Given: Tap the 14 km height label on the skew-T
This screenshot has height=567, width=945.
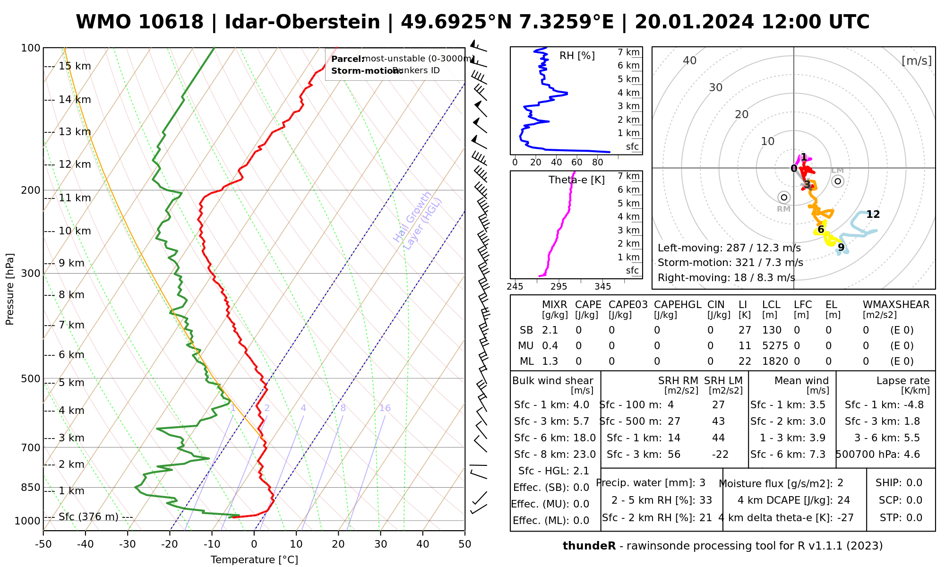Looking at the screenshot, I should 75,100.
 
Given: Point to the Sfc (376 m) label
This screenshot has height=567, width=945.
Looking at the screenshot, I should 88,517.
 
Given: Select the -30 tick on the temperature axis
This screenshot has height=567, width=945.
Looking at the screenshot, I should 128,544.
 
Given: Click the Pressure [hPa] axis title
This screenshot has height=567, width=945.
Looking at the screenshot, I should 10,289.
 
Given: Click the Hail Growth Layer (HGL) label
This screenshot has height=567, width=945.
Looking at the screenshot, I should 418,220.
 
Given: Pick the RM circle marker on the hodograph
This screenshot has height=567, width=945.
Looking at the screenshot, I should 784,198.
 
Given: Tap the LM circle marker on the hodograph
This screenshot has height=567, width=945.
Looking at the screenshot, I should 838,181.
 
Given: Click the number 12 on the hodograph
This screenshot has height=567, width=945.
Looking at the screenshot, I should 873,215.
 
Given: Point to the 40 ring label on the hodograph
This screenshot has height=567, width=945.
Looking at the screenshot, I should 690,60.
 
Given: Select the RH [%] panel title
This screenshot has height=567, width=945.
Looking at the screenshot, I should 577,56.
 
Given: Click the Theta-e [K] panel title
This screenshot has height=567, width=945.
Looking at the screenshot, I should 576,180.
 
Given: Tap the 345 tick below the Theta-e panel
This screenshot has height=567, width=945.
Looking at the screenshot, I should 602,287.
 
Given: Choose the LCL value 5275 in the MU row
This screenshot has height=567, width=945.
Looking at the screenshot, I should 775,346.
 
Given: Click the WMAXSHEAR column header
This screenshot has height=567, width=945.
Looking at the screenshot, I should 896,305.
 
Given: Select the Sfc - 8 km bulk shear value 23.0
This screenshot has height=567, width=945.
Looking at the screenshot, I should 584,455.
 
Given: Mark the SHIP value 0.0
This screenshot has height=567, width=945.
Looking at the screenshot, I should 914,483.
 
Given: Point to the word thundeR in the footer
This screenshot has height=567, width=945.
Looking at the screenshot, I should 589,546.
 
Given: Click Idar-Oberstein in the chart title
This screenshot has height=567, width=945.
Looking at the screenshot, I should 302,22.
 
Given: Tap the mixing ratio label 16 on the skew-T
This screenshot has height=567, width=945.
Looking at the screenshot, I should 385,408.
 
